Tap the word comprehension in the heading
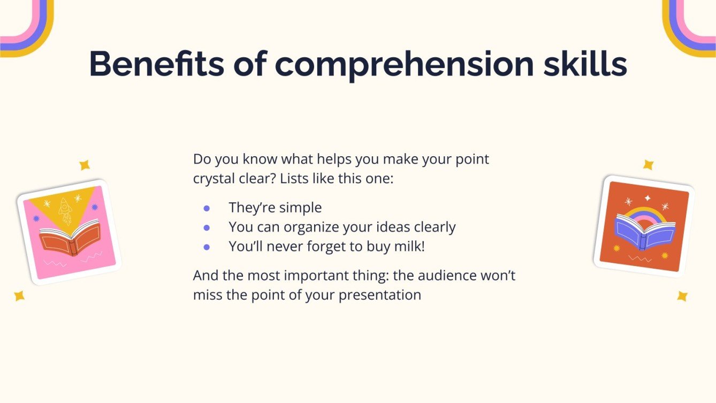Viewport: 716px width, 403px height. (404, 64)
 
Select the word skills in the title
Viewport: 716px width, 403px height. (584, 64)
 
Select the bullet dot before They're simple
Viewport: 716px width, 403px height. (207, 208)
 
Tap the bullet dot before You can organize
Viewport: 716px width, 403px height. (207, 227)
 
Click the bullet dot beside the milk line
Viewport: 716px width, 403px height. (207, 247)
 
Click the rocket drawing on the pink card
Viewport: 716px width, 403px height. (65, 210)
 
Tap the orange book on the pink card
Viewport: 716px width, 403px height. (70, 237)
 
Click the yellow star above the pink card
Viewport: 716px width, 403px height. (85, 165)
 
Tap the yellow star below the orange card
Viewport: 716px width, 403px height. (682, 296)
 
